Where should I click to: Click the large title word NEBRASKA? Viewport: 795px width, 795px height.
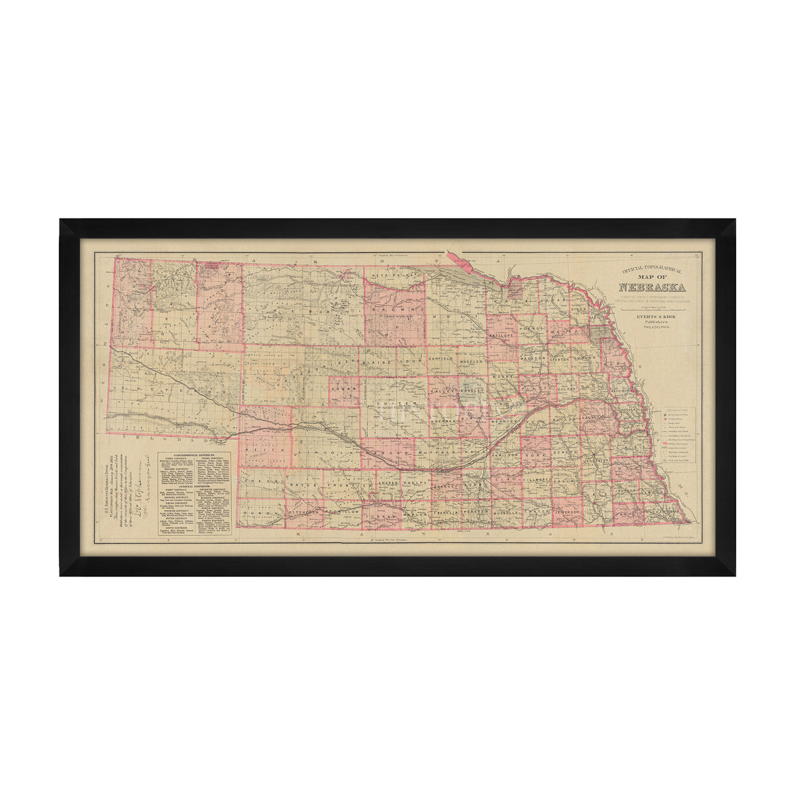pos(653,288)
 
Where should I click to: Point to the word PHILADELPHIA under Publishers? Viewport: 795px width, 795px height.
pos(653,327)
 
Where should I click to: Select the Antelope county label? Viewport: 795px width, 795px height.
pos(502,335)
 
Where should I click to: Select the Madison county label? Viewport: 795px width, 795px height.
pos(531,358)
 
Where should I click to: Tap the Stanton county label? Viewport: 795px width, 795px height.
pos(560,358)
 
